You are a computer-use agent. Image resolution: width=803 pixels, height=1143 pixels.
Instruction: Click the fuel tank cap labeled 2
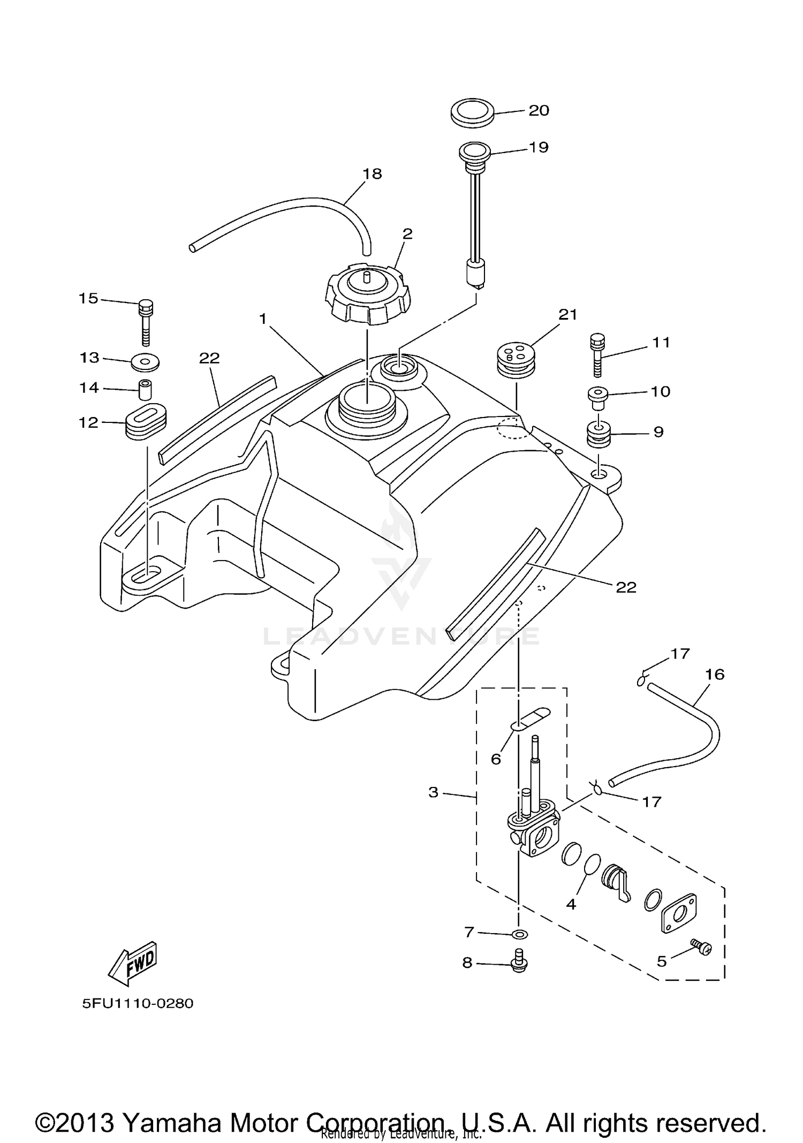click(x=367, y=294)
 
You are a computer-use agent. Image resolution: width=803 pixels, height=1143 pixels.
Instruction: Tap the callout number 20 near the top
click(x=539, y=110)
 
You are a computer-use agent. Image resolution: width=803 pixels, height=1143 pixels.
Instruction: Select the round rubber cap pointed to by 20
click(x=471, y=113)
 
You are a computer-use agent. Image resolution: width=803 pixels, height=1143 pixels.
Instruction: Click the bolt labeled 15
click(x=145, y=322)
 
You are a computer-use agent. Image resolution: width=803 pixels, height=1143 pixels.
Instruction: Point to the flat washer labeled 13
click(x=145, y=362)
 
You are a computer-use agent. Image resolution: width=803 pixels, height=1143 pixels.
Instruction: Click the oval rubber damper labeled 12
click(x=147, y=422)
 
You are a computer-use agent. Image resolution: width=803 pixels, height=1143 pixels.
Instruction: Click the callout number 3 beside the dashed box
click(x=434, y=792)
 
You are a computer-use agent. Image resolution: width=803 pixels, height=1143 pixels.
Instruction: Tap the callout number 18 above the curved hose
click(x=372, y=173)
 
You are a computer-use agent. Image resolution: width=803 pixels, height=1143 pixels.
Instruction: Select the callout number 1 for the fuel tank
click(x=263, y=319)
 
